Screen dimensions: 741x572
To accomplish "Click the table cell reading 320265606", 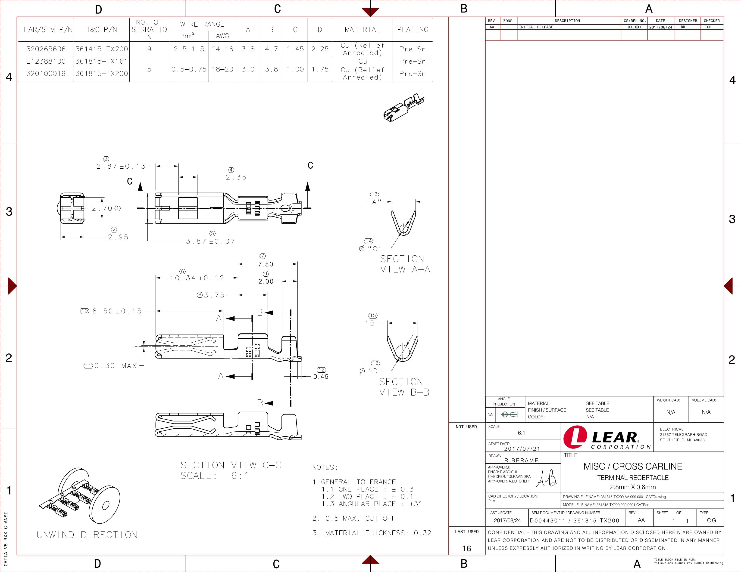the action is tap(46, 49).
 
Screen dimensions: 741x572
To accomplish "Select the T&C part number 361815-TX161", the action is tap(101, 61).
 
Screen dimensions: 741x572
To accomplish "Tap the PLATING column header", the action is tap(413, 30).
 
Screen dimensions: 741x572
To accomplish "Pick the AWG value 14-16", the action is tap(222, 49).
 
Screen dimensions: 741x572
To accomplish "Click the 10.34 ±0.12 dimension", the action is tap(197, 278).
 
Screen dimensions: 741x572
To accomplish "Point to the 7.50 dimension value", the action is tap(266, 264).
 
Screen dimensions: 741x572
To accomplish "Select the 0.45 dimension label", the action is tap(321, 376).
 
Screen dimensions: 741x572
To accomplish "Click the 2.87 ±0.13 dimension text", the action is tap(121, 166).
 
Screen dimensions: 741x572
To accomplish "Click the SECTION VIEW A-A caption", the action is tap(405, 264).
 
